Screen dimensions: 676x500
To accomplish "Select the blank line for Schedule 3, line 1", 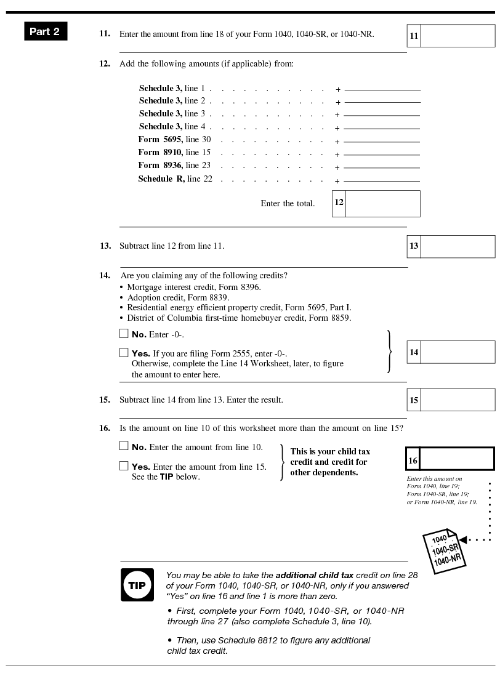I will coord(382,90).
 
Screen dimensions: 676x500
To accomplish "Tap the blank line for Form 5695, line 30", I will coord(382,142).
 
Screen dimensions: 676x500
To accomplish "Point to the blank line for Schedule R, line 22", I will coord(382,181).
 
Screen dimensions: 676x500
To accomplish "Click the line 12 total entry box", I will coord(382,203).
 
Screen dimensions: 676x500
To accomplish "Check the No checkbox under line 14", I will coord(124,334).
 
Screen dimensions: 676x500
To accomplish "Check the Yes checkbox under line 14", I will coord(124,353).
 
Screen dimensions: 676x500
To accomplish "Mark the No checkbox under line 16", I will coord(124,446).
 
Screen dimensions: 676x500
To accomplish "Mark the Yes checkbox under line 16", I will coord(124,466).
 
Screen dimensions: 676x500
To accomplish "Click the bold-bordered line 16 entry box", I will coord(456,459).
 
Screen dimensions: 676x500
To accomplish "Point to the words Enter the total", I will coord(288,204).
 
